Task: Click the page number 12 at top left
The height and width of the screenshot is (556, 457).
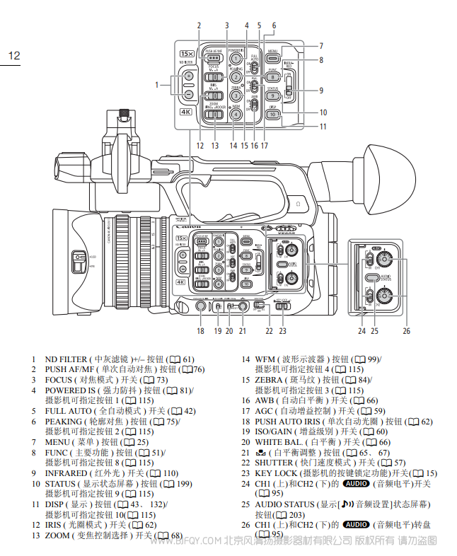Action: (15, 55)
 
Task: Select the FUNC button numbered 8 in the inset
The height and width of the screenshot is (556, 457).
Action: (273, 76)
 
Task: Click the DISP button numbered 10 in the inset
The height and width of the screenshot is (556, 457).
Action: (273, 113)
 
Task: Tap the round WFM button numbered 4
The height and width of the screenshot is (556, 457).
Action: (236, 114)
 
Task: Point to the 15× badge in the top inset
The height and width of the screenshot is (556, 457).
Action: (187, 53)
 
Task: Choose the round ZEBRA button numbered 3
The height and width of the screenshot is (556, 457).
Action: (236, 95)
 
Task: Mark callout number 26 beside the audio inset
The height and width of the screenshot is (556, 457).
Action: (406, 330)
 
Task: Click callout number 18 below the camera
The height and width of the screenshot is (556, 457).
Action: (200, 330)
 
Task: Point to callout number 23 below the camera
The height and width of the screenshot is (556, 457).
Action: (283, 330)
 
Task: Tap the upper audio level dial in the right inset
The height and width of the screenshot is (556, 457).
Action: (405, 262)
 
